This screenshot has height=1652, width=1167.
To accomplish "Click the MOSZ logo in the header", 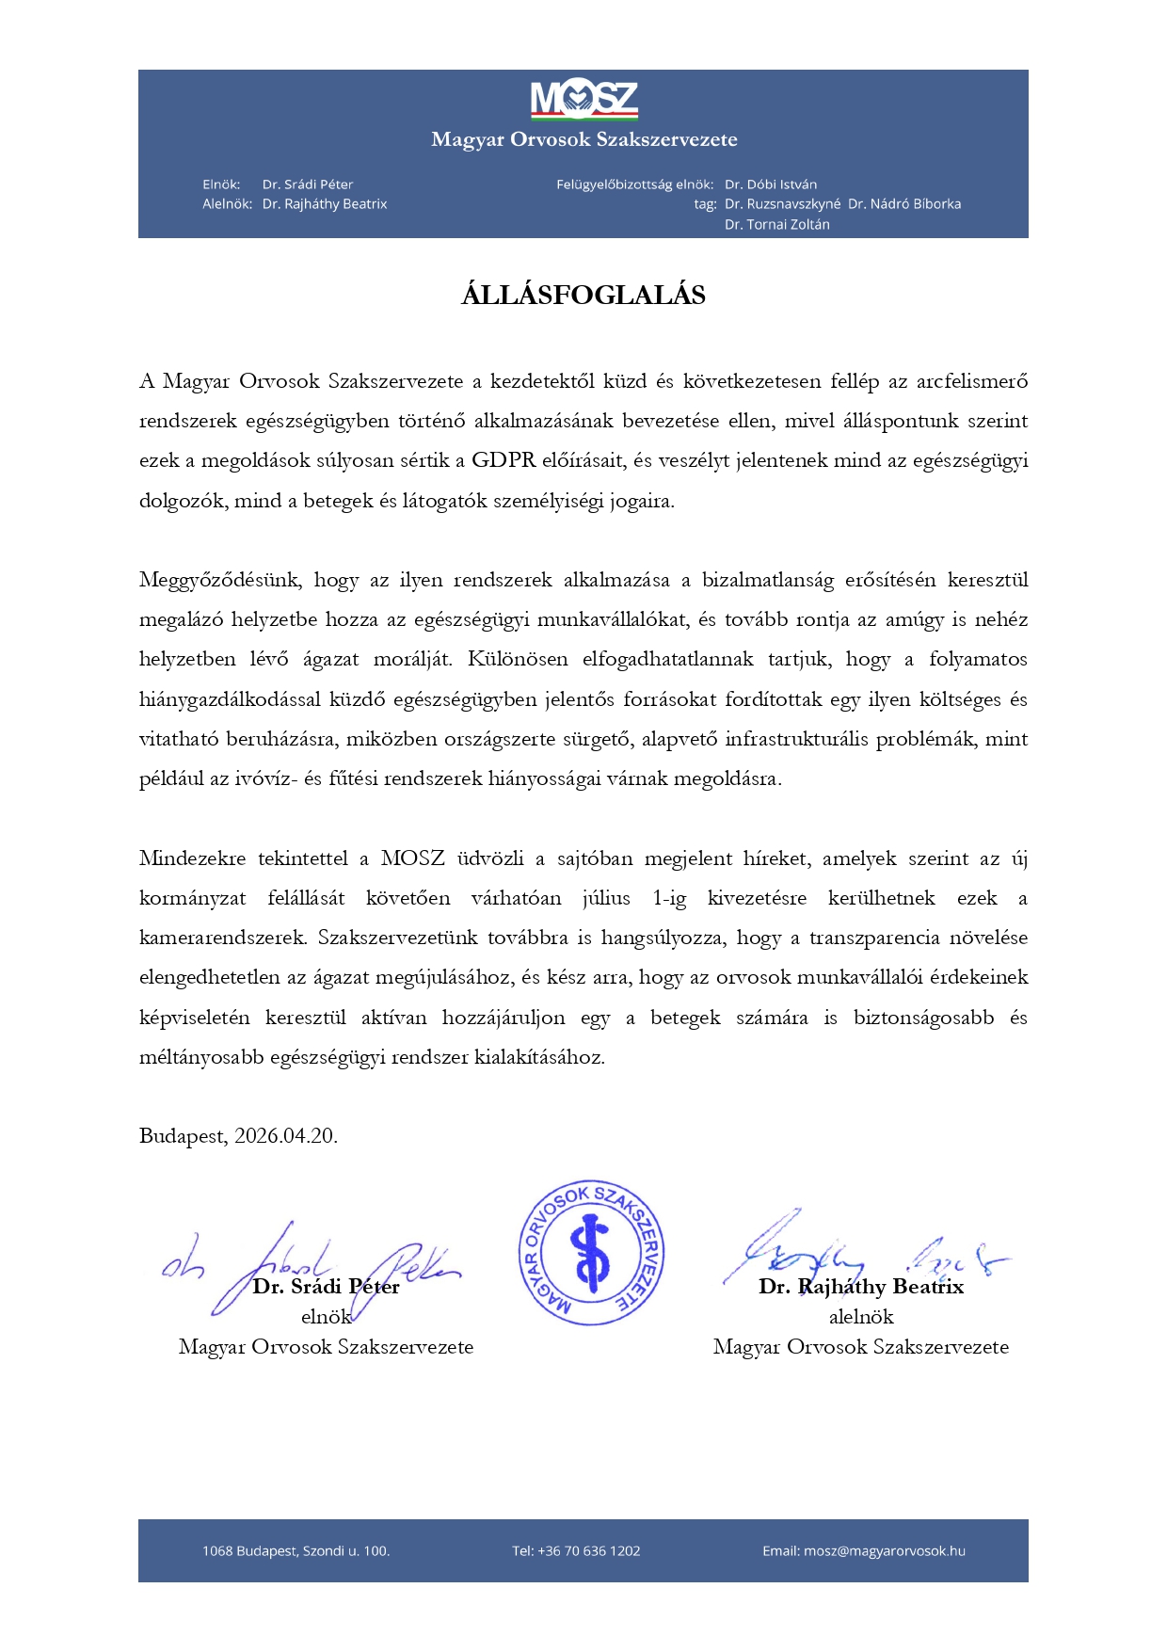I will [x=583, y=100].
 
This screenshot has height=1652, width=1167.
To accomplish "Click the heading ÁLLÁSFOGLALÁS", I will [x=583, y=296].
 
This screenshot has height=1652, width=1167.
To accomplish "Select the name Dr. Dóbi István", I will [x=771, y=184].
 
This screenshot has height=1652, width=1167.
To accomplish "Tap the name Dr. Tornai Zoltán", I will [x=777, y=225].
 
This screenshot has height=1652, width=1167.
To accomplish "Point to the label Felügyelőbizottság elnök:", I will [x=634, y=184].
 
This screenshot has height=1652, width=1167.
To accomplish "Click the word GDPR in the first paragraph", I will [x=504, y=460].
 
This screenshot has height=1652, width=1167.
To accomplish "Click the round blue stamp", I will [x=592, y=1253].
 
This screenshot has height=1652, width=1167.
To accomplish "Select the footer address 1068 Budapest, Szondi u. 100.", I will [x=296, y=1551].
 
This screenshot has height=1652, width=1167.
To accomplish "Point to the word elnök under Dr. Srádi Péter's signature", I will [x=326, y=1317].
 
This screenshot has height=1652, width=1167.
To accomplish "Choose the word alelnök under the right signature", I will [x=861, y=1317].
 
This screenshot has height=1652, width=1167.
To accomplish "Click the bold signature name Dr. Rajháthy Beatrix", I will [x=861, y=1287].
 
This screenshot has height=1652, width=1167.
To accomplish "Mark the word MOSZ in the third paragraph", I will [x=412, y=858].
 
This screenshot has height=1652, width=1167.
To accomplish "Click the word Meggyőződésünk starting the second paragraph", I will [x=220, y=580].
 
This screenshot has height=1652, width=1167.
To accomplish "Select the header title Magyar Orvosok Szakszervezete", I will [x=583, y=139].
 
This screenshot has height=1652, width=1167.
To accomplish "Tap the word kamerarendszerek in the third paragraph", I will [x=222, y=938].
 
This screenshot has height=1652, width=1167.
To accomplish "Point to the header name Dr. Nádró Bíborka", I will [x=904, y=204].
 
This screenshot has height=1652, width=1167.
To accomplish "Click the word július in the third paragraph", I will [x=606, y=898].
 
